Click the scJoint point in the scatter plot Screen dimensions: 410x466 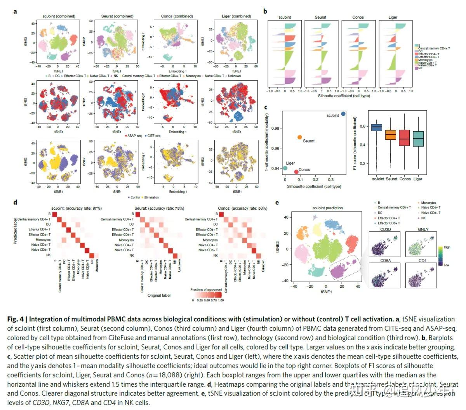(343, 114)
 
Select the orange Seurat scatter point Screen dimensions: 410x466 (299, 137)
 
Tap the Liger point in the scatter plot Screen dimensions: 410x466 (285, 168)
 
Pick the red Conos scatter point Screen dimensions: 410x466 (296, 172)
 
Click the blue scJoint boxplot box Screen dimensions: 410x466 (377, 127)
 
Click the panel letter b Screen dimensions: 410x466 (265, 11)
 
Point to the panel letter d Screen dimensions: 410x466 (15, 202)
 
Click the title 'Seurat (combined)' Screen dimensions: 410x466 (117, 16)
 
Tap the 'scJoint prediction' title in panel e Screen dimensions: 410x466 (328, 208)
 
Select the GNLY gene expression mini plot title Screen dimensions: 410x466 (423, 229)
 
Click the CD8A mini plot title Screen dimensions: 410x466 (386, 261)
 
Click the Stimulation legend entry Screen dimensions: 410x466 (151, 198)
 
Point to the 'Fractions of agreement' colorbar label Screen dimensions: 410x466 (206, 290)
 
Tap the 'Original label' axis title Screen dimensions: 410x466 (159, 295)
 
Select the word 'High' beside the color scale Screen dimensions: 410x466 (447, 247)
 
